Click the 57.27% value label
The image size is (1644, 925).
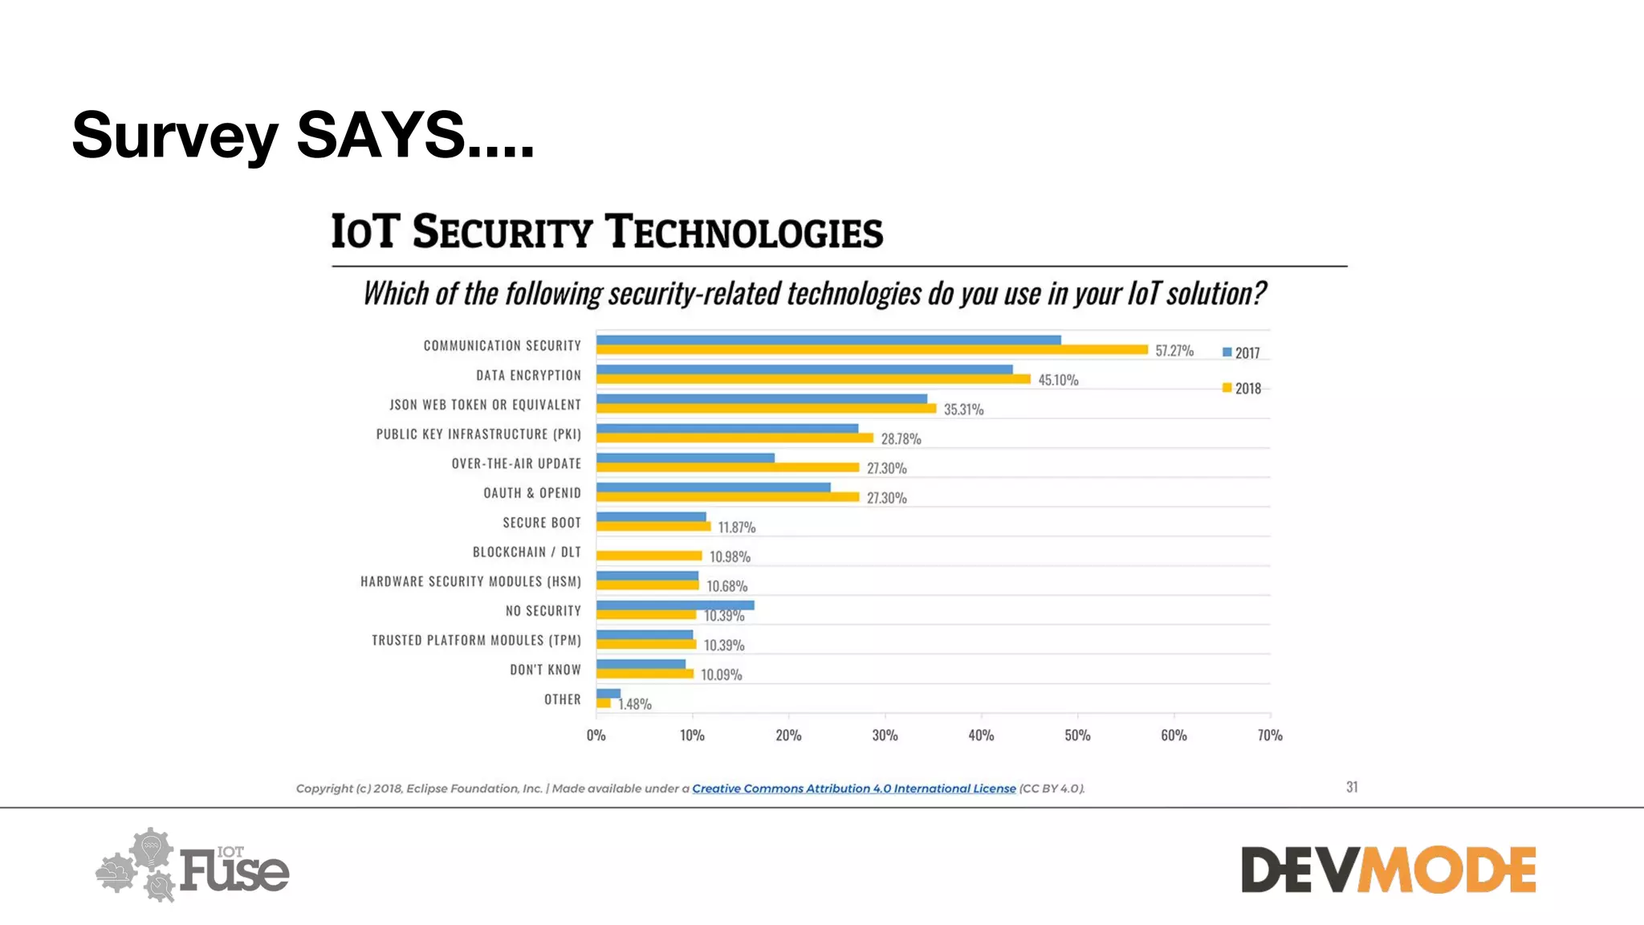click(x=1174, y=351)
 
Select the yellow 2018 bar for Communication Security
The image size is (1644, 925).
click(x=871, y=349)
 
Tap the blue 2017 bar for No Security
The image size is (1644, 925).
click(x=674, y=605)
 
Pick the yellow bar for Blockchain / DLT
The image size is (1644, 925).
click(x=649, y=556)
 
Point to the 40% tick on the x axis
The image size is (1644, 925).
click(x=981, y=735)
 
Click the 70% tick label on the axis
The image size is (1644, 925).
click(x=1269, y=735)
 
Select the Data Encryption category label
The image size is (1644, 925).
click(x=528, y=375)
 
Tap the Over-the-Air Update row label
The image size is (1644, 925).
click(x=516, y=463)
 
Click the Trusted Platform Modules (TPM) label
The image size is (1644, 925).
click(x=476, y=640)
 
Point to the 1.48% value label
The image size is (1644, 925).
click(x=634, y=704)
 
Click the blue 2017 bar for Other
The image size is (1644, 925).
click(x=608, y=693)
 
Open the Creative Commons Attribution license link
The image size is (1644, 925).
click(x=853, y=788)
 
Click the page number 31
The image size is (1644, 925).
click(x=1352, y=787)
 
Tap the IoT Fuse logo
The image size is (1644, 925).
click(x=193, y=866)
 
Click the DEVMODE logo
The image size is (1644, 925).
click(x=1388, y=870)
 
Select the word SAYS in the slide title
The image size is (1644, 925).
click(x=380, y=135)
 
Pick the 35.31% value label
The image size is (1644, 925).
click(x=963, y=410)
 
